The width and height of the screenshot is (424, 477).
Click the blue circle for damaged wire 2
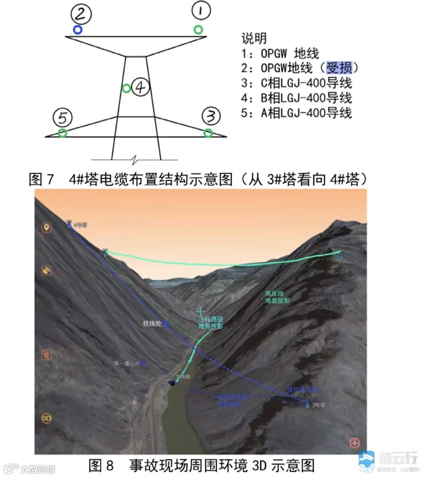tap(77, 29)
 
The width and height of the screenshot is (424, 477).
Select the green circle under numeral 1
tap(198, 29)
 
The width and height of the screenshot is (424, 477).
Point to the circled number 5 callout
tap(63, 118)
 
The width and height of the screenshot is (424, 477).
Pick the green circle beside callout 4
tap(126, 88)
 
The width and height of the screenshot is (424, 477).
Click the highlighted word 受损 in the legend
tap(339, 68)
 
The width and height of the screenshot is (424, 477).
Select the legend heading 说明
tap(254, 38)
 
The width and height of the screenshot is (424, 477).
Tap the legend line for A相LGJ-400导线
tap(296, 113)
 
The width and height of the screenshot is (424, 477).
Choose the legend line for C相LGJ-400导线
tap(296, 83)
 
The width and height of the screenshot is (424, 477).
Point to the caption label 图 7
tap(41, 179)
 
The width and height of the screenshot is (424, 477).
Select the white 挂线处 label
tap(152, 323)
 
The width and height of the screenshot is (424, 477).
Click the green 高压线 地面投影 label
tap(277, 297)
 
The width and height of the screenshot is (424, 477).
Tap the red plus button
tap(354, 443)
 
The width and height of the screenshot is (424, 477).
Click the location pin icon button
tap(47, 228)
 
